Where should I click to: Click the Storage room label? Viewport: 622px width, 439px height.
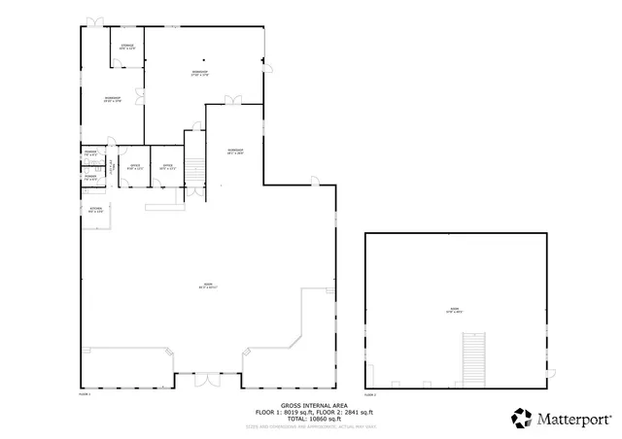pos(127,47)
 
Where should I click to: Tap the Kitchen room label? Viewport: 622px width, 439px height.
pos(96,210)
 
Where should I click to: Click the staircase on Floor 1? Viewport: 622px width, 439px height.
pos(195,171)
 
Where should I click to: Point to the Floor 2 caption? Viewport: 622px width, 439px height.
pos(369,394)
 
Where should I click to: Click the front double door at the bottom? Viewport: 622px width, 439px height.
pos(208,380)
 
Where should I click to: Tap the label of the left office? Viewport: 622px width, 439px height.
pos(135,167)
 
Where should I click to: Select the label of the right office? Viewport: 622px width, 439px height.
pos(167,167)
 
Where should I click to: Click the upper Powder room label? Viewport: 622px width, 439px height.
pos(89,154)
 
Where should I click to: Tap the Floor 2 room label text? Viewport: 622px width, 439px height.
pos(453,311)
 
